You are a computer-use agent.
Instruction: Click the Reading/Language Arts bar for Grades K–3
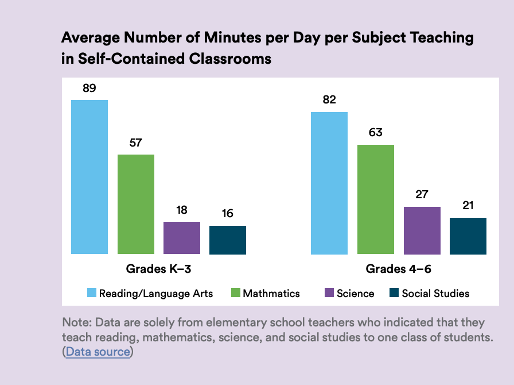pyautogui.click(x=89, y=177)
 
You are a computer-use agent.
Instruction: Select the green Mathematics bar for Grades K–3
pyautogui.click(x=136, y=204)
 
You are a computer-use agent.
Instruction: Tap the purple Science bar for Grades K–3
pyautogui.click(x=182, y=238)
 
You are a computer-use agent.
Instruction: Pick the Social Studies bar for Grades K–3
pyautogui.click(x=228, y=240)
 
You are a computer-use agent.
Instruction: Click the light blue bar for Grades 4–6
pyautogui.click(x=329, y=183)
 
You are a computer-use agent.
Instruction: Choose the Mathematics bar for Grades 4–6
pyautogui.click(x=376, y=199)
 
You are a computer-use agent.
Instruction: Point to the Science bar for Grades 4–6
pyautogui.click(x=422, y=230)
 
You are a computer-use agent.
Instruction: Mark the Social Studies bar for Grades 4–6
pyautogui.click(x=468, y=236)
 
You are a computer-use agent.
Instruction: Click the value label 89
pyautogui.click(x=89, y=88)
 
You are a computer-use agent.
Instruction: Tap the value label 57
pyautogui.click(x=135, y=143)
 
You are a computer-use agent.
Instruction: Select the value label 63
pyautogui.click(x=375, y=133)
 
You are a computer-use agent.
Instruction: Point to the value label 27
pyautogui.click(x=422, y=195)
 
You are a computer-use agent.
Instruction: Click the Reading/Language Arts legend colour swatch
pyautogui.click(x=91, y=293)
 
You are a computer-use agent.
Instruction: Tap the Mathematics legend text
pyautogui.click(x=271, y=293)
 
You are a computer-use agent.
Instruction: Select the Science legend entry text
pyautogui.click(x=355, y=293)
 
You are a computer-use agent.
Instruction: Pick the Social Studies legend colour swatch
pyautogui.click(x=394, y=293)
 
